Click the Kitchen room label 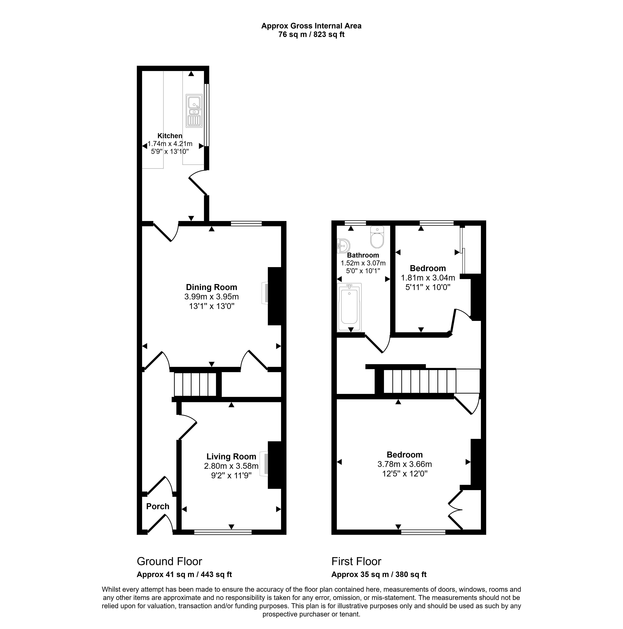[170, 136]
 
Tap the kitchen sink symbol [194, 111]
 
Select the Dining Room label [212, 287]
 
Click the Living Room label [231, 456]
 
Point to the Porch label [158, 506]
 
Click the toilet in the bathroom [377, 238]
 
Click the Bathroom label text [363, 255]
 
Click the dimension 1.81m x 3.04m [428, 278]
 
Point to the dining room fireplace [265, 293]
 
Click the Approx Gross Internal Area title [311, 26]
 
